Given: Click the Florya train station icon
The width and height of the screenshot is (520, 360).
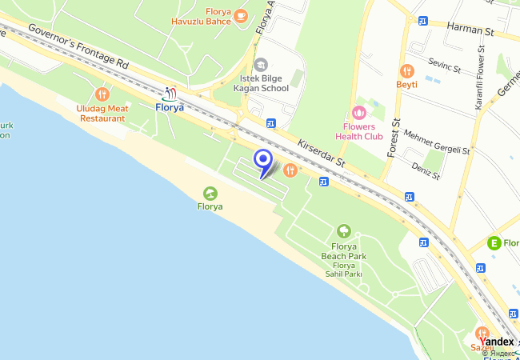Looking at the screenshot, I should pyautogui.click(x=169, y=94).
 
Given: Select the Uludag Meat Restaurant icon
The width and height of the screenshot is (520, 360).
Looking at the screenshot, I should pyautogui.click(x=102, y=94).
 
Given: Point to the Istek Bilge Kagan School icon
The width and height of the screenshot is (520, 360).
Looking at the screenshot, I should pyautogui.click(x=260, y=65).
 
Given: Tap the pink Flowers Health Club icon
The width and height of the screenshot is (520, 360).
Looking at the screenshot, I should pyautogui.click(x=358, y=114).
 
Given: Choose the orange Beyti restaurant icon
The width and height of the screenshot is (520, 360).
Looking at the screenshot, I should pyautogui.click(x=406, y=70).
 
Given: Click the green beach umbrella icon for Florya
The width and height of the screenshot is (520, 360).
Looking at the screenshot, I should pyautogui.click(x=210, y=193).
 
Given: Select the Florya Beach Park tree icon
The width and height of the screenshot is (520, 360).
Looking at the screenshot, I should pyautogui.click(x=343, y=232).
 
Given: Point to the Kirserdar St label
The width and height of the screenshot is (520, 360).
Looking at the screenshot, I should pyautogui.click(x=321, y=152).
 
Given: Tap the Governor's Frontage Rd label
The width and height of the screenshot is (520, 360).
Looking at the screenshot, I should pyautogui.click(x=78, y=45).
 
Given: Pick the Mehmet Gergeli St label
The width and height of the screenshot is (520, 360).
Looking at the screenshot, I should pyautogui.click(x=438, y=141).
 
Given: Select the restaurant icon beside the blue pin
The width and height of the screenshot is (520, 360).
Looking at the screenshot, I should pyautogui.click(x=290, y=170).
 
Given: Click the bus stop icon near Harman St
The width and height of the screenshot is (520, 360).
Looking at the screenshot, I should pyautogui.click(x=422, y=21).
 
